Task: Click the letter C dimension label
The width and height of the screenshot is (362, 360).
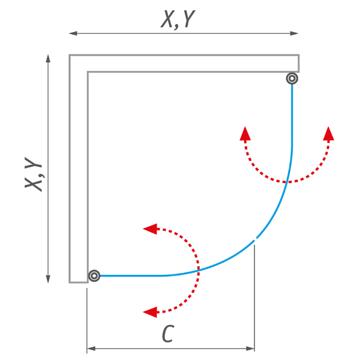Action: pyautogui.click(x=168, y=333)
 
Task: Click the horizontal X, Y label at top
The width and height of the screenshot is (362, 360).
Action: pyautogui.click(x=178, y=19)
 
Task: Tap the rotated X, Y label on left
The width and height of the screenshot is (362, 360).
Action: pyautogui.click(x=34, y=174)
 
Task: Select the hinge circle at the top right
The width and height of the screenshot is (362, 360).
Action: pyautogui.click(x=292, y=79)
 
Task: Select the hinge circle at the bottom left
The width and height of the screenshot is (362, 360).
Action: pyautogui.click(x=94, y=275)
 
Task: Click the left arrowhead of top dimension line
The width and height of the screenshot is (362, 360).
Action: pyautogui.click(x=73, y=34)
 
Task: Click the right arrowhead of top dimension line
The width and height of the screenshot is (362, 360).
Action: pyautogui.click(x=295, y=34)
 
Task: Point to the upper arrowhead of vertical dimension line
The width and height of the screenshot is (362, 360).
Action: pyautogui.click(x=48, y=58)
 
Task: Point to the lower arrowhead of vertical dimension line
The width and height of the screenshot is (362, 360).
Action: pyautogui.click(x=48, y=279)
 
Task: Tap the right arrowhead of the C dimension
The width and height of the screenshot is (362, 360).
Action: pyautogui.click(x=250, y=348)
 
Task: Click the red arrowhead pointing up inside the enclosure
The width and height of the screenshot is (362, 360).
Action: pyautogui.click(x=245, y=134)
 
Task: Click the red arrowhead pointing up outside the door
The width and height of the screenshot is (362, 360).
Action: pyautogui.click(x=328, y=134)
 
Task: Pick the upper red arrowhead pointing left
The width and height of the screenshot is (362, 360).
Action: pyautogui.click(x=150, y=229)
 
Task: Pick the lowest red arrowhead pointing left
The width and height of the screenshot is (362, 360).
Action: pyautogui.click(x=150, y=312)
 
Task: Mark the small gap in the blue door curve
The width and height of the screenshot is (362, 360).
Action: pyautogui.click(x=255, y=239)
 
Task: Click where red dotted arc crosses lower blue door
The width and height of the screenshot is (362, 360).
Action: pyautogui.click(x=199, y=270)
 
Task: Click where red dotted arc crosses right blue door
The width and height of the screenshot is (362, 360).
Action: pyautogui.click(x=287, y=182)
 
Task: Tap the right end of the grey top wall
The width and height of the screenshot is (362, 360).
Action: pyautogui.click(x=299, y=63)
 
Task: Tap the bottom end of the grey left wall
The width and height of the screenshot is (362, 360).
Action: pyautogui.click(x=79, y=282)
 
